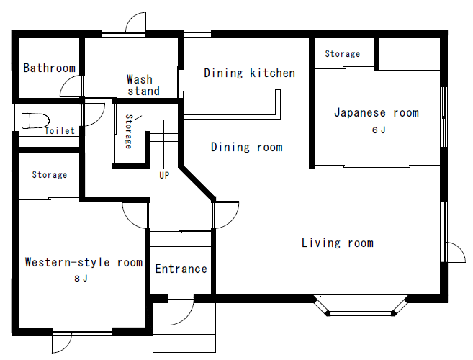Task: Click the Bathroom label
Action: click(x=49, y=68)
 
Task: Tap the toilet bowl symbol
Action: click(x=35, y=121)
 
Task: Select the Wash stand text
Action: click(x=143, y=85)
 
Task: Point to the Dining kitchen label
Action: click(x=249, y=73)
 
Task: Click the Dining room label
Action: click(x=246, y=148)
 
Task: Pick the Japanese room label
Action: click(x=377, y=112)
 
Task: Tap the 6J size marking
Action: click(x=379, y=130)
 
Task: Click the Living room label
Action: click(x=338, y=243)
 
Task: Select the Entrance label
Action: click(x=181, y=269)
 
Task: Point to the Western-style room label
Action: click(x=84, y=262)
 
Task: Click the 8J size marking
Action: click(x=81, y=278)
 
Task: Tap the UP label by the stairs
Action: click(x=164, y=176)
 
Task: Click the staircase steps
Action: click(x=164, y=150)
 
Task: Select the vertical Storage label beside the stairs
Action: click(x=129, y=132)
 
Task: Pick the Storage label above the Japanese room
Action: click(x=343, y=54)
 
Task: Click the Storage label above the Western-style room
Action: click(x=50, y=175)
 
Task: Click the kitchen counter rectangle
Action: click(x=232, y=104)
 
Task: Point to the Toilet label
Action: click(x=60, y=130)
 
